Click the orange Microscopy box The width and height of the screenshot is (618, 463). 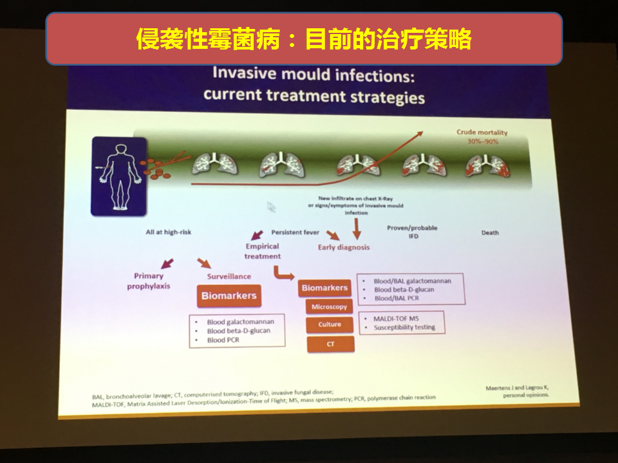(x=329, y=307)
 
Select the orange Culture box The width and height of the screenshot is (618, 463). (x=330, y=324)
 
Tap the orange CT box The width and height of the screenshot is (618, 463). (x=330, y=344)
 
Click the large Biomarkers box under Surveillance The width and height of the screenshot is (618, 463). (x=229, y=296)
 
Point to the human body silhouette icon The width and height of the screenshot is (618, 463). (x=119, y=176)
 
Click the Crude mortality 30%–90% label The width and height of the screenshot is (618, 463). (x=482, y=136)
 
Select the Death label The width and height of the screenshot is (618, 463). (x=490, y=233)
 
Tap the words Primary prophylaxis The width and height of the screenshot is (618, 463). (x=149, y=281)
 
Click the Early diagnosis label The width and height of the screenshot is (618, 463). (x=344, y=247)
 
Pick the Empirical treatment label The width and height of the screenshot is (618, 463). (x=262, y=251)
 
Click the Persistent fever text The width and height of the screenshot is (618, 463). (x=295, y=232)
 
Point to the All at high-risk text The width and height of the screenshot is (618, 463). (x=168, y=232)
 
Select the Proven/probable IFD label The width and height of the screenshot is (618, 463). (x=412, y=232)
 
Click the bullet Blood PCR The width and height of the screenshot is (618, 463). (x=223, y=340)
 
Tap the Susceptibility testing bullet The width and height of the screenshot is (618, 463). (x=404, y=327)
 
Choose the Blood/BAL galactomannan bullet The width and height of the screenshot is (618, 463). (x=412, y=281)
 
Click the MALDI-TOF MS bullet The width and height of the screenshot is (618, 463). (x=396, y=318)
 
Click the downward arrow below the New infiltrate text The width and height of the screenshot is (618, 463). (x=357, y=229)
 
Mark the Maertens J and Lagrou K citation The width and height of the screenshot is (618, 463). (x=517, y=392)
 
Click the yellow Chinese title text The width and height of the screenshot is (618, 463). (x=304, y=39)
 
